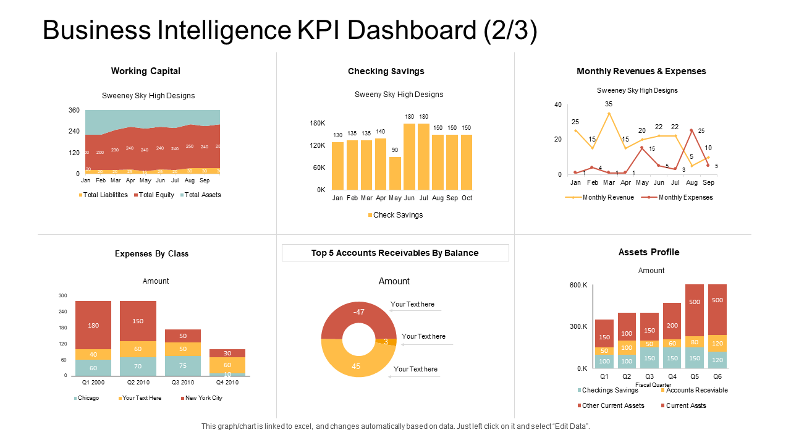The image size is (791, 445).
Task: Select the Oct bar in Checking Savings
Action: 467,162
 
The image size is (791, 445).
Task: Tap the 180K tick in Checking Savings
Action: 317,123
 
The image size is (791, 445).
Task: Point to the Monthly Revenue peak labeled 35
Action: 609,113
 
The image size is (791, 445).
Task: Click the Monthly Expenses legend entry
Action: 677,197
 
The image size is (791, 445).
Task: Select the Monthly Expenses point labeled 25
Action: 692,130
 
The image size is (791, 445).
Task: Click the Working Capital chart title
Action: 146,71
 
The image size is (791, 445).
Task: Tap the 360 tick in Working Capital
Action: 74,110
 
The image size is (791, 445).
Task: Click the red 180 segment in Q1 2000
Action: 93,325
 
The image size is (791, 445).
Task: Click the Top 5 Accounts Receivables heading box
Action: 395,253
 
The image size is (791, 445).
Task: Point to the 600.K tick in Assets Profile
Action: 578,285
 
